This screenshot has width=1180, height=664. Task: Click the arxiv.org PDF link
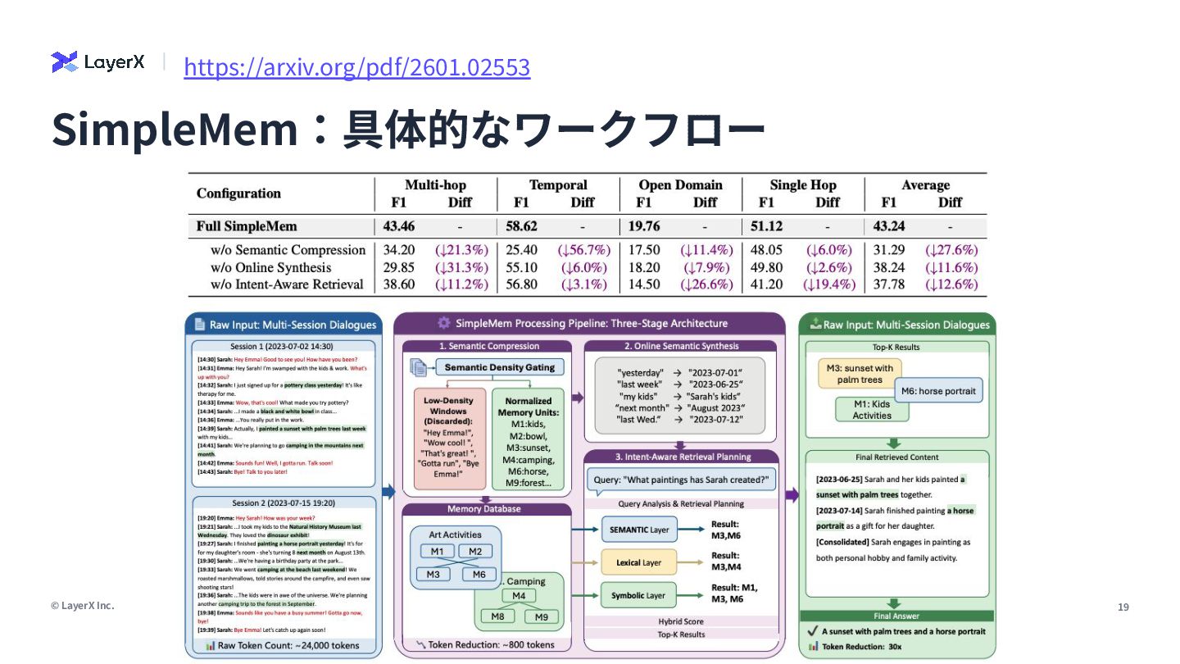[356, 66]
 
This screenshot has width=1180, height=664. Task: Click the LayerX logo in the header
[98, 62]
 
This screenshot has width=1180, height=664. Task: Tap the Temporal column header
[558, 185]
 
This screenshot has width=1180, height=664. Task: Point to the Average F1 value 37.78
[888, 284]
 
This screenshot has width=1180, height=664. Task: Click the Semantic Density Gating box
[499, 367]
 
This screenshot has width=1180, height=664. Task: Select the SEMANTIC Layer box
[639, 530]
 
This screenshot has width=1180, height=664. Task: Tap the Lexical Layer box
[639, 563]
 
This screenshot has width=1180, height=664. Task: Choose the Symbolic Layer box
[639, 596]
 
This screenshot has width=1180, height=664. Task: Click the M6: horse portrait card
[938, 391]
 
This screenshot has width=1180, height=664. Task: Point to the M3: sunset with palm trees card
[860, 374]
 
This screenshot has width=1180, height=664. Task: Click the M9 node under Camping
[541, 616]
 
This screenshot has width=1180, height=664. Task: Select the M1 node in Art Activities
[437, 552]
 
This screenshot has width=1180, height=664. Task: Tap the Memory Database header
[483, 509]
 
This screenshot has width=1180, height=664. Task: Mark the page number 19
[1123, 607]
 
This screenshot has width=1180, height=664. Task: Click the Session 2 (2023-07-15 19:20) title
[284, 503]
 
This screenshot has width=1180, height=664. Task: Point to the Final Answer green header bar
[896, 616]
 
